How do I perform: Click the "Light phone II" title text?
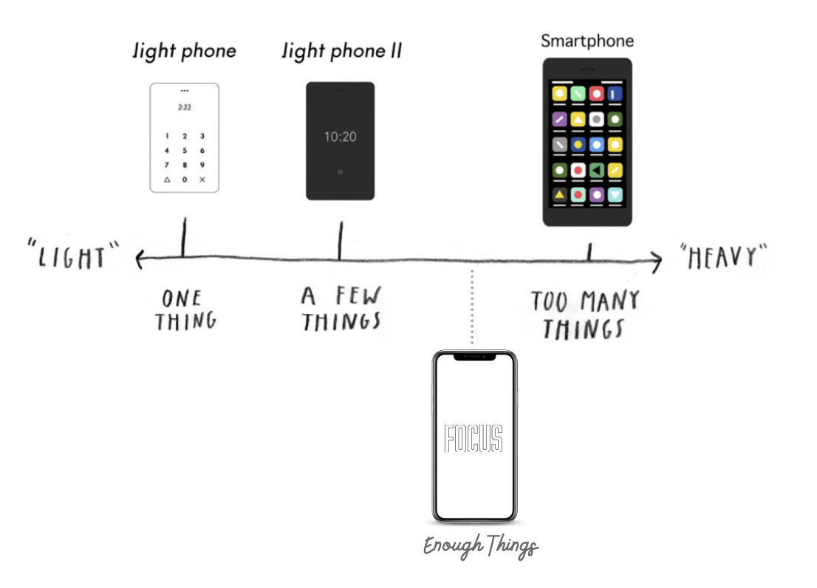342,52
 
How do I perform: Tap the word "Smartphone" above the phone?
587,41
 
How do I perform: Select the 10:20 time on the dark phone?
340,137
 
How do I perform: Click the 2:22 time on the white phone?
184,107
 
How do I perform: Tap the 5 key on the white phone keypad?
184,150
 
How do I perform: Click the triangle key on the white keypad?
167,180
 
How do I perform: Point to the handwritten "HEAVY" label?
723,258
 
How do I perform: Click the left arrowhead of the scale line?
138,258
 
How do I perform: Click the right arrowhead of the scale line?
657,259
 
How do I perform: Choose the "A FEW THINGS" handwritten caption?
341,308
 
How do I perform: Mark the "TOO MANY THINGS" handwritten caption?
585,314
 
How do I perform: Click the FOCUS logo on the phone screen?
474,438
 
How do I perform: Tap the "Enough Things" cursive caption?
481,547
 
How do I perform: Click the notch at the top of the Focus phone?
474,356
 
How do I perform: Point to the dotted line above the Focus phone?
472,307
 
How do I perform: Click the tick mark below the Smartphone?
589,253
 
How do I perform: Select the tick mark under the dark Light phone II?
340,240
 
